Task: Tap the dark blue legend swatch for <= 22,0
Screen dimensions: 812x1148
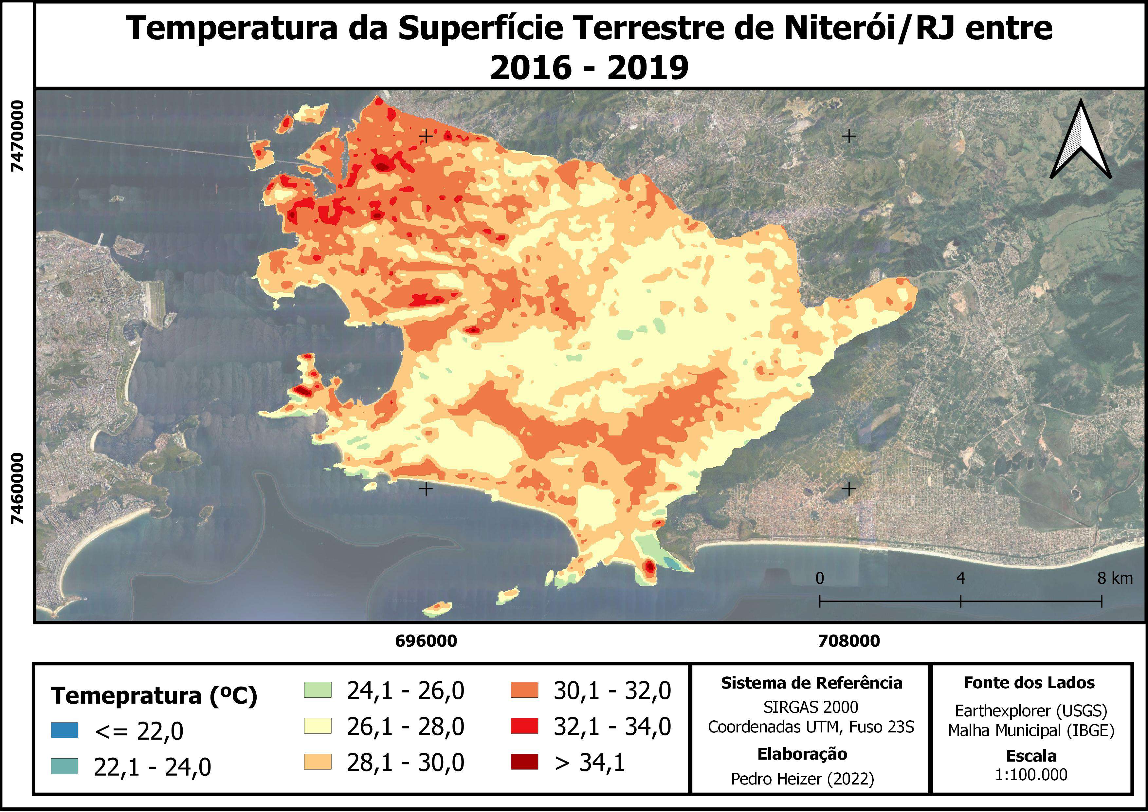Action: pos(64,730)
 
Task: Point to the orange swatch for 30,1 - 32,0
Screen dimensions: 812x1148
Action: pos(524,690)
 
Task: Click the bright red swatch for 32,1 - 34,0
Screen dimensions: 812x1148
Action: pos(524,726)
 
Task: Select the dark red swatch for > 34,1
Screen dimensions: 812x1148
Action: pos(524,762)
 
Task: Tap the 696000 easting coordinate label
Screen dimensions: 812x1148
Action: pos(426,641)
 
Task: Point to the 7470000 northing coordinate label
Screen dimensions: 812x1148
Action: pos(17,136)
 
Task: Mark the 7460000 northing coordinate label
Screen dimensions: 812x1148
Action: pos(17,489)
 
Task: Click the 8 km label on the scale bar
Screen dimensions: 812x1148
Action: pos(1115,579)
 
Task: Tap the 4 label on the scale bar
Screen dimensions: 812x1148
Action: pos(960,579)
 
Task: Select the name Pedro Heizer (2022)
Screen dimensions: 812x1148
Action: pos(803,779)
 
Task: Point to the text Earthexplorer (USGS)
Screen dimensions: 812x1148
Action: pos(1031,710)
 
